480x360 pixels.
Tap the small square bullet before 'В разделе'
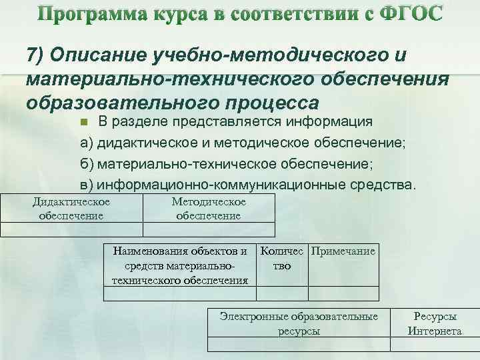(x=83, y=123)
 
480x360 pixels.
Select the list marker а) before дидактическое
(x=87, y=143)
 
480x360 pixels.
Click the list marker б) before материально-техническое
(x=87, y=163)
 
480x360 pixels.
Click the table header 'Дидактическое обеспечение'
(x=71, y=208)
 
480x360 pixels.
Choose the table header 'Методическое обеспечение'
(x=209, y=208)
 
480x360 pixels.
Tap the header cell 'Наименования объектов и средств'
(x=180, y=265)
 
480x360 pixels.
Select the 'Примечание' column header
(x=344, y=251)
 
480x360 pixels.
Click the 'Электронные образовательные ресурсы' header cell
(x=299, y=323)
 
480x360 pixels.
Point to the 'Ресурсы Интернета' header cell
(x=435, y=323)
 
